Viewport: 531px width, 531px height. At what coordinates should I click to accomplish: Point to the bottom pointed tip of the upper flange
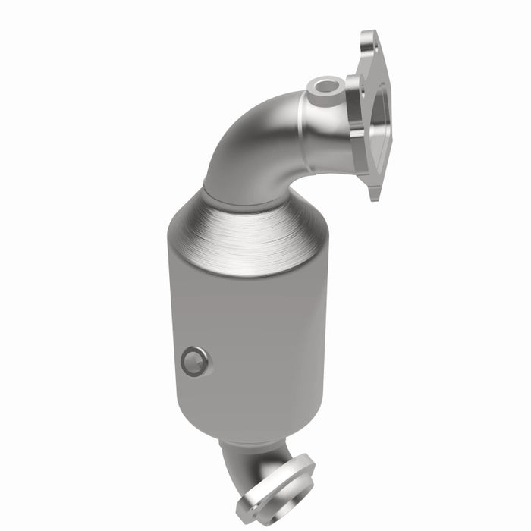(375, 196)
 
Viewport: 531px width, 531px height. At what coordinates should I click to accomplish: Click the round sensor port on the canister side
(193, 361)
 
